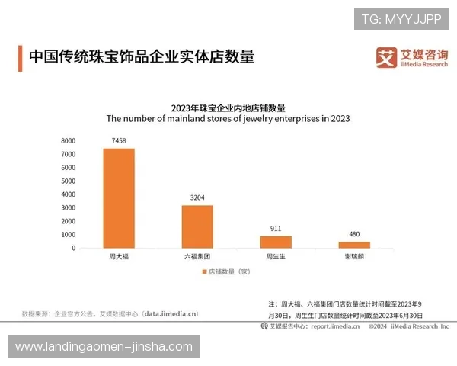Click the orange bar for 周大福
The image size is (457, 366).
(119, 198)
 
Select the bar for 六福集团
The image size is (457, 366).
(197, 226)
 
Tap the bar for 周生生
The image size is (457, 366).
(275, 242)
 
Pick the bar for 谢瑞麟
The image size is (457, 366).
(354, 245)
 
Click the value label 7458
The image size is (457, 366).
(119, 141)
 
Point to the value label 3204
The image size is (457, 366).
(197, 198)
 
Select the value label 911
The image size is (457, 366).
(275, 228)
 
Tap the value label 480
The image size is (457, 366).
(354, 234)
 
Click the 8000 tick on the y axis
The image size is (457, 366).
(68, 141)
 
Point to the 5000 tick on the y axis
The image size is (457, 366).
(68, 181)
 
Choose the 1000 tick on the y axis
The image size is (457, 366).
(68, 235)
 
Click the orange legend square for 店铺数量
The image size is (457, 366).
(203, 271)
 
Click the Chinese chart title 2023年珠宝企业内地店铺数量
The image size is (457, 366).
(228, 107)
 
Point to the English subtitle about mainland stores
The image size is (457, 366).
(228, 118)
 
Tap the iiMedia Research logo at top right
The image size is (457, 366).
(411, 57)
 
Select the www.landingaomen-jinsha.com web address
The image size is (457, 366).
(104, 347)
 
